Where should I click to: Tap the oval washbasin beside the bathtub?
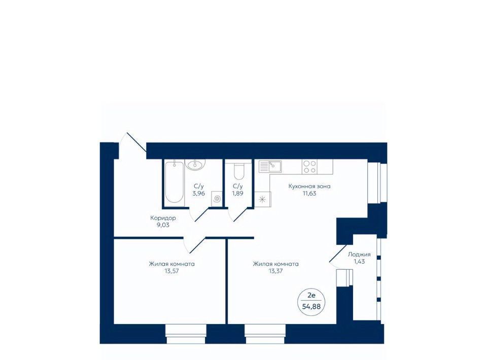tap(195, 164)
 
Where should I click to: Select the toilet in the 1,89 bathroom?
tap(239, 170)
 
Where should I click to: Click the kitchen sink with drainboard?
tap(270, 166)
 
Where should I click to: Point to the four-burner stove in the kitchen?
tap(309, 167)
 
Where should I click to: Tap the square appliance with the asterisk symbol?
tap(262, 199)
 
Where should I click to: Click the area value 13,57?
tap(172, 271)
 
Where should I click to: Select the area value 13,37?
tap(276, 271)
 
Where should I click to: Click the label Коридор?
tap(163, 218)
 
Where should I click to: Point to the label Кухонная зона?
tap(309, 187)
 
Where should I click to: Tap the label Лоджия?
tap(359, 255)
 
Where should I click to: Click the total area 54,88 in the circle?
tap(311, 307)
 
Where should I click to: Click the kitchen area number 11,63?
tap(309, 193)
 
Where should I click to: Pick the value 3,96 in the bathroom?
tap(198, 193)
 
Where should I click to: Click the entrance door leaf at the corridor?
tap(136, 142)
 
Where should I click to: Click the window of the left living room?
tap(186, 334)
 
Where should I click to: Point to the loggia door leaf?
tap(338, 254)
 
